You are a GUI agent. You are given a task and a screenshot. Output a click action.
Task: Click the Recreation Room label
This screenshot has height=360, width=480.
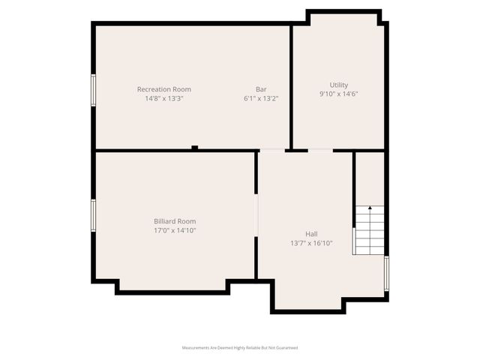[163, 89]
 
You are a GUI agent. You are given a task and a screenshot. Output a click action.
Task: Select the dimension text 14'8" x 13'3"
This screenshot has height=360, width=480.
[163, 98]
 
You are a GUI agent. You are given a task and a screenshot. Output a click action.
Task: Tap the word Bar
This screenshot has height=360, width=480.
[261, 89]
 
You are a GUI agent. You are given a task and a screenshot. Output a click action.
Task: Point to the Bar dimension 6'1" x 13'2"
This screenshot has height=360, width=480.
[261, 98]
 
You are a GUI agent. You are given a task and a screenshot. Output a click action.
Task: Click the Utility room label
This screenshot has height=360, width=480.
[339, 85]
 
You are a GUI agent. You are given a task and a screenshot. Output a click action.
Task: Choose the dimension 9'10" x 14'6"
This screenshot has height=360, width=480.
[339, 94]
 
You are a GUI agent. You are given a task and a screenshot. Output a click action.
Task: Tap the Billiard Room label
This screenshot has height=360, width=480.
[175, 221]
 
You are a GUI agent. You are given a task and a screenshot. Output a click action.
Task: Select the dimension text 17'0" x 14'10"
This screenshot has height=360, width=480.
[175, 230]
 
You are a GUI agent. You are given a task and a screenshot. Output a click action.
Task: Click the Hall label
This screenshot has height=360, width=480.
[311, 234]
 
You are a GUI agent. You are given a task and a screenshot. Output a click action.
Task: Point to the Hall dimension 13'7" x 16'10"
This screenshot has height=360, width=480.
[311, 243]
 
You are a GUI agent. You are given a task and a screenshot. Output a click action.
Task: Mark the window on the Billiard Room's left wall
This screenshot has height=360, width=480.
[94, 215]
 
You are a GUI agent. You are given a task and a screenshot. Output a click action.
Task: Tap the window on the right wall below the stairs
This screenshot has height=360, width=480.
[386, 273]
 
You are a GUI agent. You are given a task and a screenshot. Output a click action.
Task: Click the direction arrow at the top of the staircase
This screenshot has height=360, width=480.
[369, 208]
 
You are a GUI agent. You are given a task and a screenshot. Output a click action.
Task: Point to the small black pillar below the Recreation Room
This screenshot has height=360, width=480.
[194, 148]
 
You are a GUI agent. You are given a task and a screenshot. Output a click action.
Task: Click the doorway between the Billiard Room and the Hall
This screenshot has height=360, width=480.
[256, 217]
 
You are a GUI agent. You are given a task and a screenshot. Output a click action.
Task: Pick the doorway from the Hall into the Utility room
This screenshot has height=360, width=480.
[320, 151]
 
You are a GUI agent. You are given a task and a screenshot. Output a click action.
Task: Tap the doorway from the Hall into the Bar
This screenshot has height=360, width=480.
[272, 151]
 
